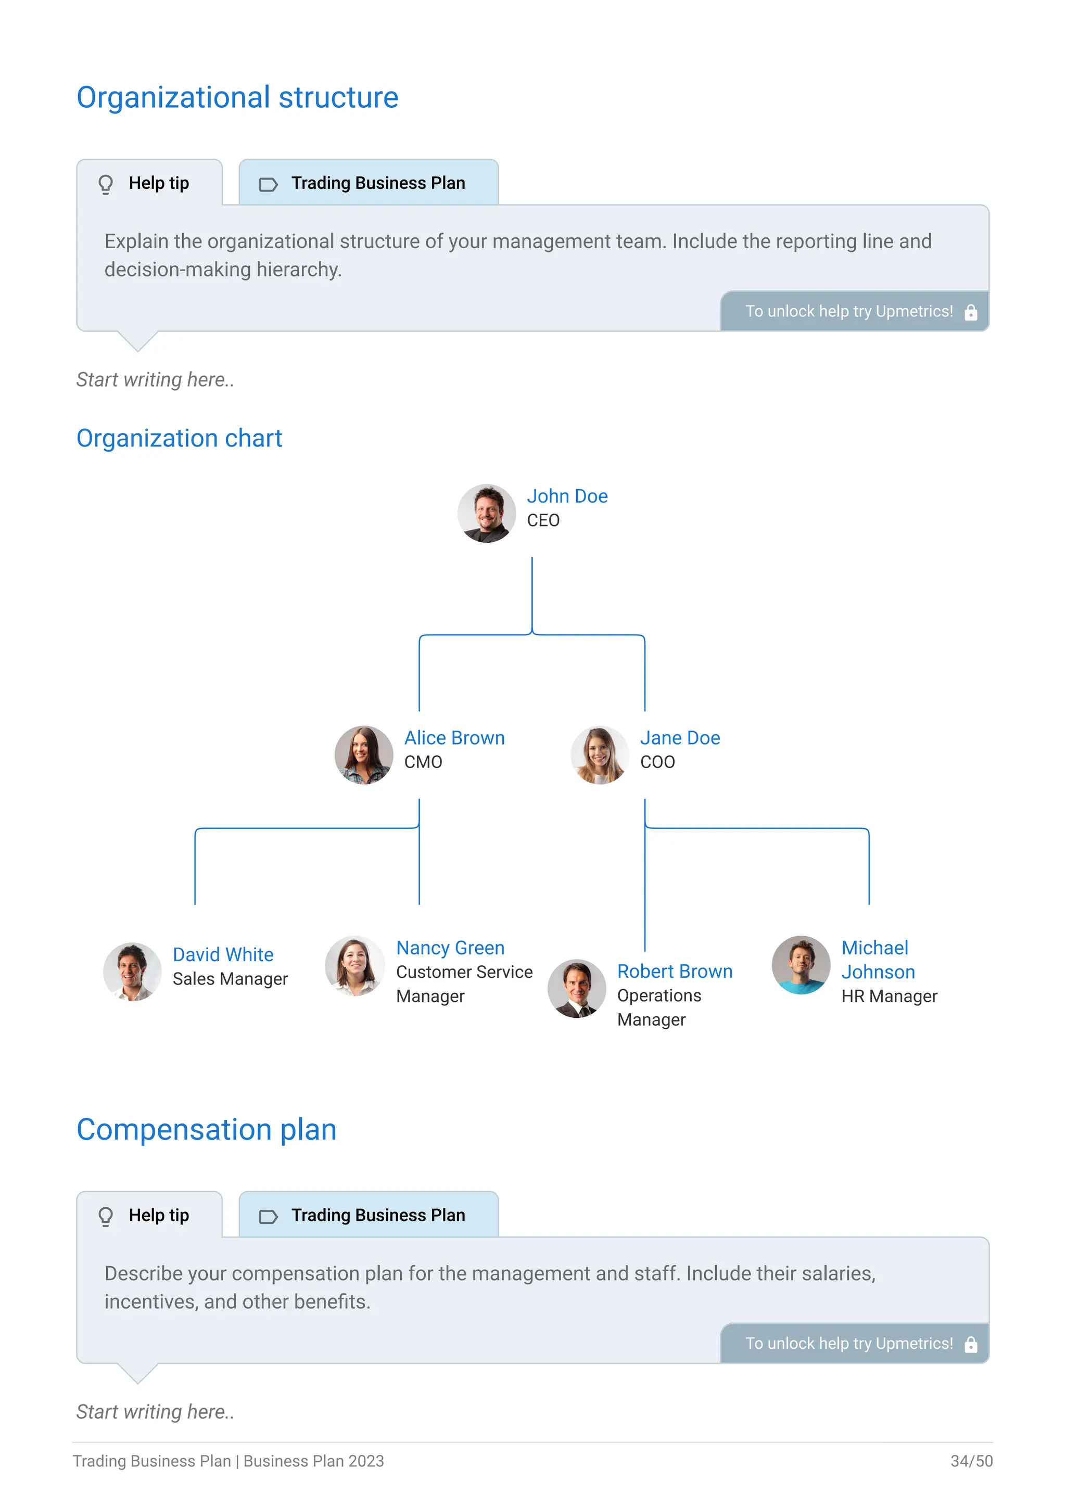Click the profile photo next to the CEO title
486,513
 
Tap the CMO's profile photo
364,755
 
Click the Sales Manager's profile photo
133,972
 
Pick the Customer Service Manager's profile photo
355,965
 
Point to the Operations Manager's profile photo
577,989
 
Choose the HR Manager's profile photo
801,965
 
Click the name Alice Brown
454,738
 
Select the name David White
223,954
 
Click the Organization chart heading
179,439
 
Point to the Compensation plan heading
207,1130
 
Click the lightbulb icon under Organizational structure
106,184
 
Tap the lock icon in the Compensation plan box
971,1344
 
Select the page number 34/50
971,1461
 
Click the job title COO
658,762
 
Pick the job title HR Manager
890,997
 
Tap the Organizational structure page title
238,98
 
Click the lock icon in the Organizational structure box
971,312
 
